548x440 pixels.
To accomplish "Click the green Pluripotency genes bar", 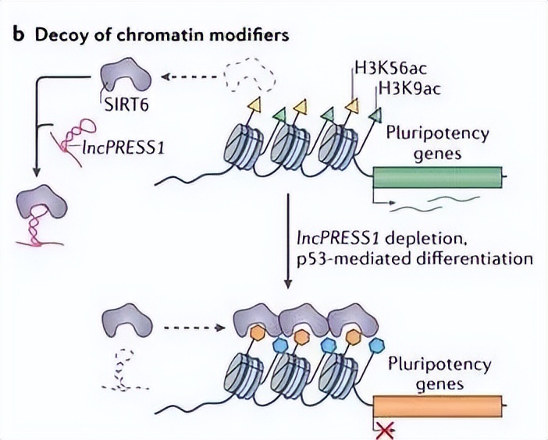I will click(437, 178).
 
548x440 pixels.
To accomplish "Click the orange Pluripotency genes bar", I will click(437, 406).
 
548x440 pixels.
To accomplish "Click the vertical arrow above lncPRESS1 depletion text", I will click(289, 242).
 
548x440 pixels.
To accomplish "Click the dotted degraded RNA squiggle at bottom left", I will click(123, 371).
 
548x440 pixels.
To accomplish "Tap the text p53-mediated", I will click(352, 258).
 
